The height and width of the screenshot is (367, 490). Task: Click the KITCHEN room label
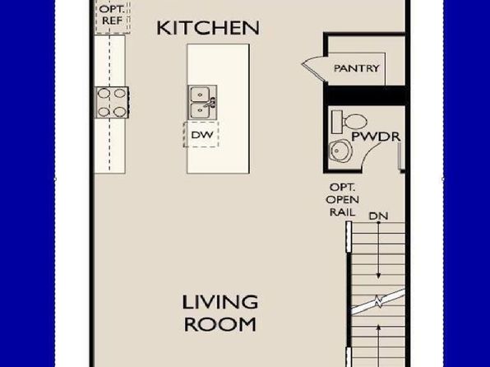[x=208, y=28]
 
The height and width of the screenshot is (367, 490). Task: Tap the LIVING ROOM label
[x=220, y=314]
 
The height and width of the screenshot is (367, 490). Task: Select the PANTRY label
[x=357, y=68]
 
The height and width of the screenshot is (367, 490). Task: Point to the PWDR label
[x=376, y=137]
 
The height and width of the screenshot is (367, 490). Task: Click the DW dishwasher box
[x=201, y=134]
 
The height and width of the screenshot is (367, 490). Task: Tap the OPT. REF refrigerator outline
[x=113, y=16]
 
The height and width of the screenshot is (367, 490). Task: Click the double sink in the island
[x=202, y=102]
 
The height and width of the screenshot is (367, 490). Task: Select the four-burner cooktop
[x=112, y=103]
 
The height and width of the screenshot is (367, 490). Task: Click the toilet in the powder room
[x=349, y=122]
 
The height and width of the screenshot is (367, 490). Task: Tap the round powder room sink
[x=341, y=151]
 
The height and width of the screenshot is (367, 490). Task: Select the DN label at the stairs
[x=378, y=216]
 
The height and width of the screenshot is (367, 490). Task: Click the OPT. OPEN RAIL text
[x=343, y=200]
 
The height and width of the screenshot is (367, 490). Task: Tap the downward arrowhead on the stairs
[x=378, y=276]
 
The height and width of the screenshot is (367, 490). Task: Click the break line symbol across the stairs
[x=378, y=302]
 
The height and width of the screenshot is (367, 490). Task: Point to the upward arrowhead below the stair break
[x=378, y=328]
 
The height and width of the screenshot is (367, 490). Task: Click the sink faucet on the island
[x=210, y=103]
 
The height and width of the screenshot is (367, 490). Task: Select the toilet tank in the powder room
[x=337, y=122]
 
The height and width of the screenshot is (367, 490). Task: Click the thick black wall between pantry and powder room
[x=366, y=95]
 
